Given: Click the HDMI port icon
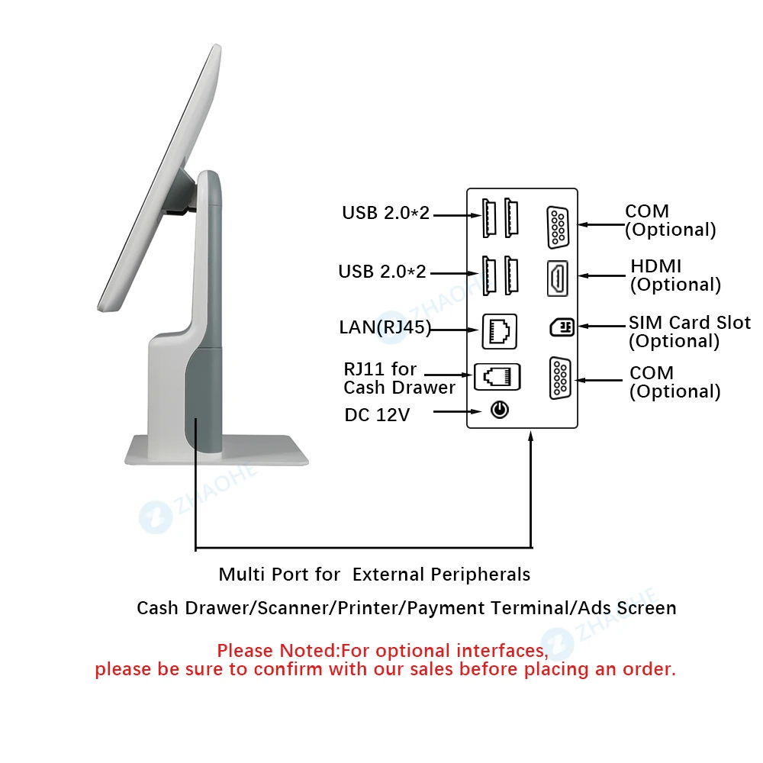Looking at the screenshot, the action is pos(557,278).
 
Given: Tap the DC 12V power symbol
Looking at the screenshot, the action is pos(499,410).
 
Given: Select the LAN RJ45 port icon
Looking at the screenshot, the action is pos(499,331).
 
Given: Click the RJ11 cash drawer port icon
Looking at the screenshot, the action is pos(497,377).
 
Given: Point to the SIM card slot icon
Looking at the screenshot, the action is pos(562,327).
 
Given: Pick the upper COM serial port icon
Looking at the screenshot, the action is pos(558,227).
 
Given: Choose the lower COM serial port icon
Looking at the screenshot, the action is pos(559,378).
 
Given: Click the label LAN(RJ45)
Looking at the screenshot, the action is pos(385,327).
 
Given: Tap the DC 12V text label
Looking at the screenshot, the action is pos(377,415).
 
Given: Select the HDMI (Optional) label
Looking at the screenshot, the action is pos(675,275).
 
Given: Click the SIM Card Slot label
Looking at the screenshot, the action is pos(690,323).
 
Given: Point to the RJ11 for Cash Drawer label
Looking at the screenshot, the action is pos(399,378).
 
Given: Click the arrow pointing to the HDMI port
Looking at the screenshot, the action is pos(602,275).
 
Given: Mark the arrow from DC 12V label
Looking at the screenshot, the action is pos(457,412).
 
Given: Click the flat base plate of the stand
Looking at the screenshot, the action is pos(217,451).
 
